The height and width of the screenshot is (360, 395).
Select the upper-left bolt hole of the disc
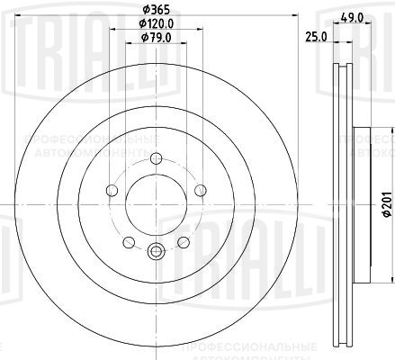pos(112,191)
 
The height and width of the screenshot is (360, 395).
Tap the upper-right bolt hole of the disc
pos(196,191)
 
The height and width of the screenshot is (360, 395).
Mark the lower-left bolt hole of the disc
pos(128,241)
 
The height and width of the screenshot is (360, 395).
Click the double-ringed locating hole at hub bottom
pos(154,253)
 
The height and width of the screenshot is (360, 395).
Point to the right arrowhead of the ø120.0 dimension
pos(198,29)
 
